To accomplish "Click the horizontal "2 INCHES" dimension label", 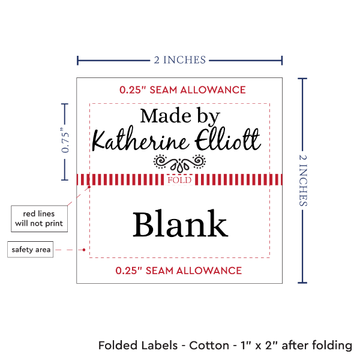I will coord(179,59).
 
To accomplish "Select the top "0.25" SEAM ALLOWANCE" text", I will coord(182,90).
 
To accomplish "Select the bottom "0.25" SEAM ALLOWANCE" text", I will coord(178,271).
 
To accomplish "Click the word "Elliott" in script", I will coord(230,140).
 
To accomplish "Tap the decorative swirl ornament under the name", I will coord(179,162).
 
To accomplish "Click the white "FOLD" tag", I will coord(179,180).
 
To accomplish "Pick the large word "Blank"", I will coord(179,224).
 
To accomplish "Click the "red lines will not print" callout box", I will coord(38,219).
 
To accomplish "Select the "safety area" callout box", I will coord(31,250).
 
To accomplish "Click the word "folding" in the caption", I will coord(330,346).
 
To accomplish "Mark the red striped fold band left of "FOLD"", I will coord(120,180).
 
